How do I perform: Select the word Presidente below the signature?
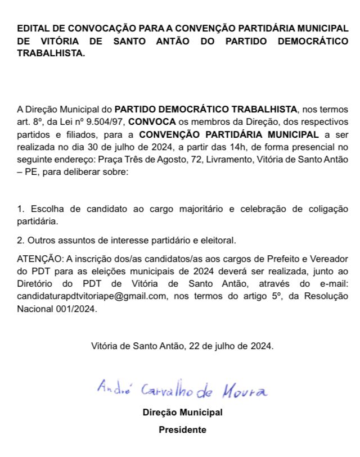point(182,430)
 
